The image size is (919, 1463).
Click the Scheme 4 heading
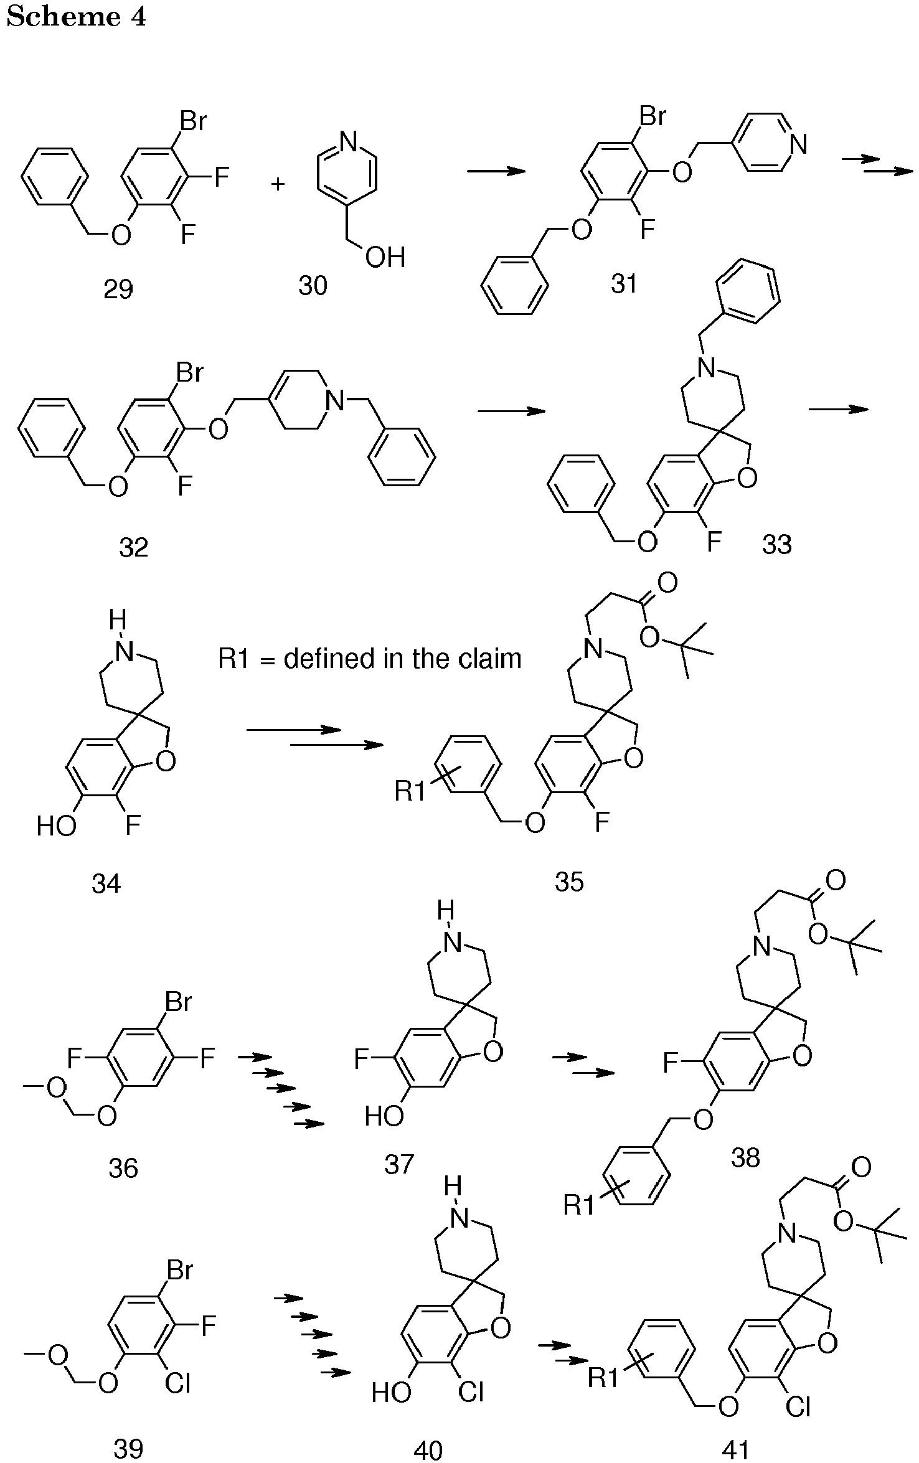click(x=76, y=17)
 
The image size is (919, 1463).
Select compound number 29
click(x=118, y=290)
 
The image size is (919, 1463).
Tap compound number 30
click(x=313, y=286)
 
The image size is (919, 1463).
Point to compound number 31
click(x=624, y=284)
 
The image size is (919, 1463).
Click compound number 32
click(x=134, y=548)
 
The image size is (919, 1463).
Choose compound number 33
click(x=777, y=544)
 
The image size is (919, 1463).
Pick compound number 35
click(x=570, y=882)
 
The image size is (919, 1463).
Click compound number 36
click(x=123, y=1169)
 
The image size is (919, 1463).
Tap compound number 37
click(x=399, y=1164)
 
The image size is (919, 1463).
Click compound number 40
click(x=428, y=1451)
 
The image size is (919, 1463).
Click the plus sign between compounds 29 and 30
click(x=278, y=184)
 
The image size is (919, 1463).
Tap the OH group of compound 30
click(x=386, y=257)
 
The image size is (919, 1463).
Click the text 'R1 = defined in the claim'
click(x=370, y=659)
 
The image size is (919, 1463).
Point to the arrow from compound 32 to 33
click(x=511, y=411)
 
